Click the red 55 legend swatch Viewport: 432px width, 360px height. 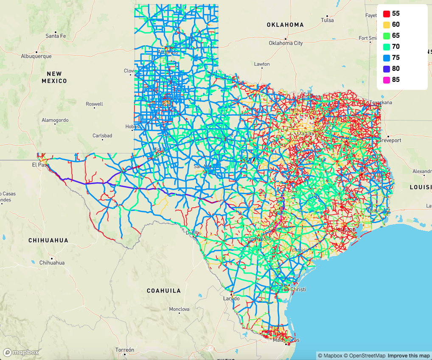387,14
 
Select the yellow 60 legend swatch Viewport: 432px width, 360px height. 387,25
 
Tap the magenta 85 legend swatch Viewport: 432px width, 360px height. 387,80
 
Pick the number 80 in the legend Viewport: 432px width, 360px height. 396,69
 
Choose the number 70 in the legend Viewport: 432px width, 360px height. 396,47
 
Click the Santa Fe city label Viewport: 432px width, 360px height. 56,36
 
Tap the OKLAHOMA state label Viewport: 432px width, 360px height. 285,25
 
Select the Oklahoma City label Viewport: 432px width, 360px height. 286,43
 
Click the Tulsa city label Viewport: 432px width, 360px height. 327,20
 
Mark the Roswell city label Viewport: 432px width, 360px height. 94,104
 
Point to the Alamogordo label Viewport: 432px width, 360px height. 55,120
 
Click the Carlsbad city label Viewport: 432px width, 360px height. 102,136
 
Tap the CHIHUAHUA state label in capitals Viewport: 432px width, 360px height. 48,240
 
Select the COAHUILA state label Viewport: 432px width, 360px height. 164,291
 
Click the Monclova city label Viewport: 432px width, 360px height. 179,309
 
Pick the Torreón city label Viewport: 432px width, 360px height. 125,350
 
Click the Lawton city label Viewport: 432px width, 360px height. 262,64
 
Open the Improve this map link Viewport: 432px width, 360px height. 409,355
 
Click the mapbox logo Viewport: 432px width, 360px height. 21,352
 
